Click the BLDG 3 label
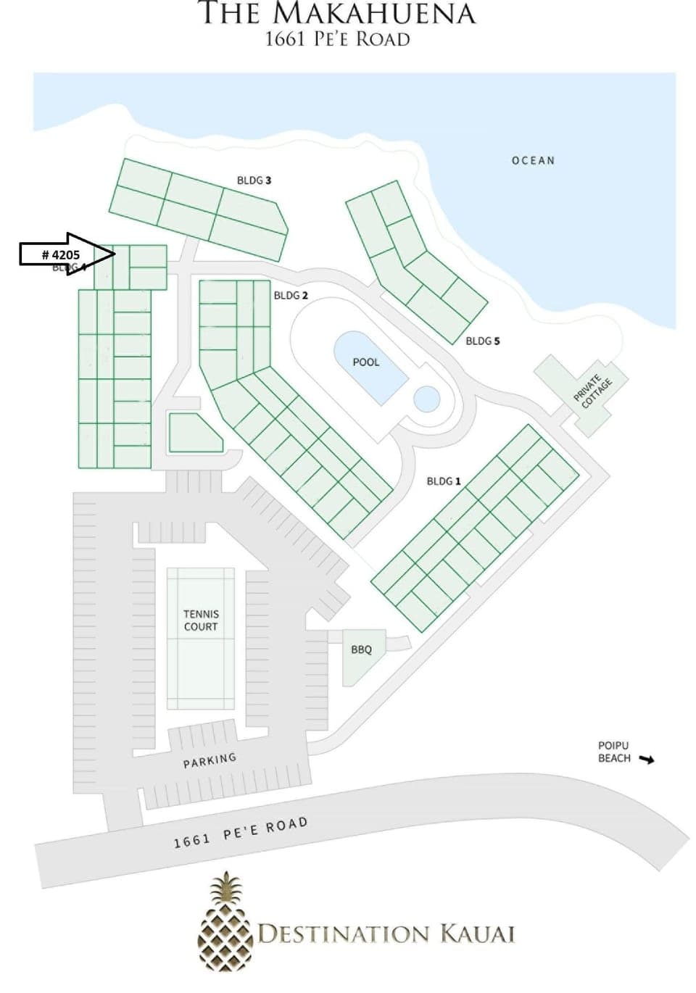[x=254, y=180]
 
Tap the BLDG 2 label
[x=291, y=295]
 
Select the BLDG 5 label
[x=482, y=341]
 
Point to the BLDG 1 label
[x=444, y=481]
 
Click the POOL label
[x=365, y=362]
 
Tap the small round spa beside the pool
[x=426, y=397]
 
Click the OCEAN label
[x=533, y=160]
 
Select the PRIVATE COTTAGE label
[x=592, y=391]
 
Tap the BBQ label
[x=361, y=649]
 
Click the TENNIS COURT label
[x=201, y=620]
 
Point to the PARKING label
[x=210, y=760]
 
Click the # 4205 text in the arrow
[x=61, y=254]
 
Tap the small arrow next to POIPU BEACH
[x=646, y=760]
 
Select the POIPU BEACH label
[x=613, y=752]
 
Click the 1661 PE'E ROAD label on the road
[x=240, y=832]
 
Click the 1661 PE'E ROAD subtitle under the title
[x=337, y=38]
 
